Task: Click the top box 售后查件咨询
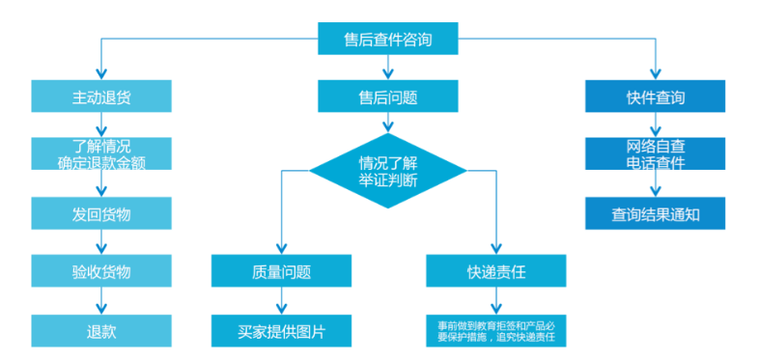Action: click(x=388, y=40)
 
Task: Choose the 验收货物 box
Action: click(x=100, y=271)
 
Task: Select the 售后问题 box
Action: click(x=388, y=97)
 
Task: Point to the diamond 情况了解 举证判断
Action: click(x=388, y=170)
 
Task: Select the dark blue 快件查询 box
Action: click(x=655, y=97)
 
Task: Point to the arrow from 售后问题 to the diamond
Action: click(x=388, y=123)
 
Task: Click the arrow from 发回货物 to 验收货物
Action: click(x=100, y=242)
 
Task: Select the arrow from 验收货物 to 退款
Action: click(x=100, y=301)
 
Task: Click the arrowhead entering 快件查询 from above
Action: click(x=655, y=74)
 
